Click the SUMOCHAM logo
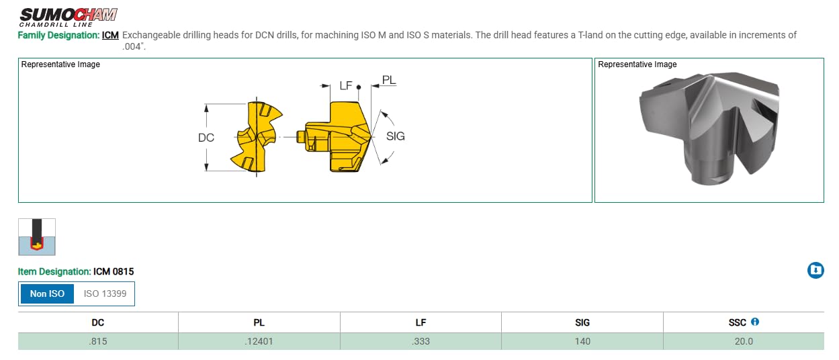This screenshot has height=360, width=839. point(68,17)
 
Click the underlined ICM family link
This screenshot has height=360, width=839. point(110,35)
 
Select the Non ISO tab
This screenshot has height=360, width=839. point(47,294)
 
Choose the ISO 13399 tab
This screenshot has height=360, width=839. point(105,294)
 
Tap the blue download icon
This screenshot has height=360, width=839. point(815,270)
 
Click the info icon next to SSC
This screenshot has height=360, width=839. point(755,322)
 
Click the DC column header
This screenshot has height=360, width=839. point(98,322)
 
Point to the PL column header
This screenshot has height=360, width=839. point(259,322)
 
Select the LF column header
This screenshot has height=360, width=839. point(421,322)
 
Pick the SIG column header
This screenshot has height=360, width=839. point(582,322)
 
